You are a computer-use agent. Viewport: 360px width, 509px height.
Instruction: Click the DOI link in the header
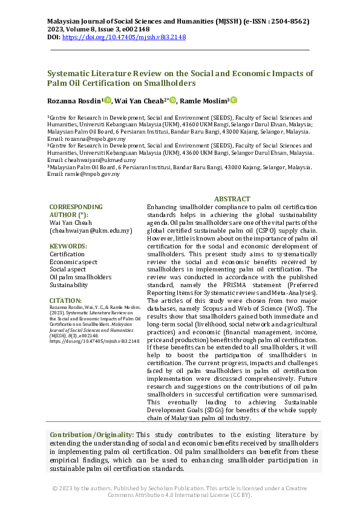pyautogui.click(x=124, y=37)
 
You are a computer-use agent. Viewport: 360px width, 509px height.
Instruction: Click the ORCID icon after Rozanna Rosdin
pyautogui.click(x=108, y=100)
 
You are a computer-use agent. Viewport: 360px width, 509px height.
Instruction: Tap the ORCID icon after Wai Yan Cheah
pyautogui.click(x=172, y=100)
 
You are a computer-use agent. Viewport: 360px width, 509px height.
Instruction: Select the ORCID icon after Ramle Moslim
pyautogui.click(x=234, y=100)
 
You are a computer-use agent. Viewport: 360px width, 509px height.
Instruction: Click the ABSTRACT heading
pyautogui.click(x=232, y=199)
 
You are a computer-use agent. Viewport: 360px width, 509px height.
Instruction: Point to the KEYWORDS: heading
pyautogui.click(x=68, y=246)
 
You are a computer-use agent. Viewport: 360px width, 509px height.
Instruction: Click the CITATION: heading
pyautogui.click(x=65, y=300)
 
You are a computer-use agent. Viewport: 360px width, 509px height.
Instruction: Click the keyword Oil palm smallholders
pyautogui.click(x=80, y=277)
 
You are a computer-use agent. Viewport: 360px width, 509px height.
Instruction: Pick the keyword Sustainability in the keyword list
pyautogui.click(x=68, y=285)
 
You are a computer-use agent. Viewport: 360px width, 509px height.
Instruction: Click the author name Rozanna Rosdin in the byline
pyautogui.click(x=74, y=101)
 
